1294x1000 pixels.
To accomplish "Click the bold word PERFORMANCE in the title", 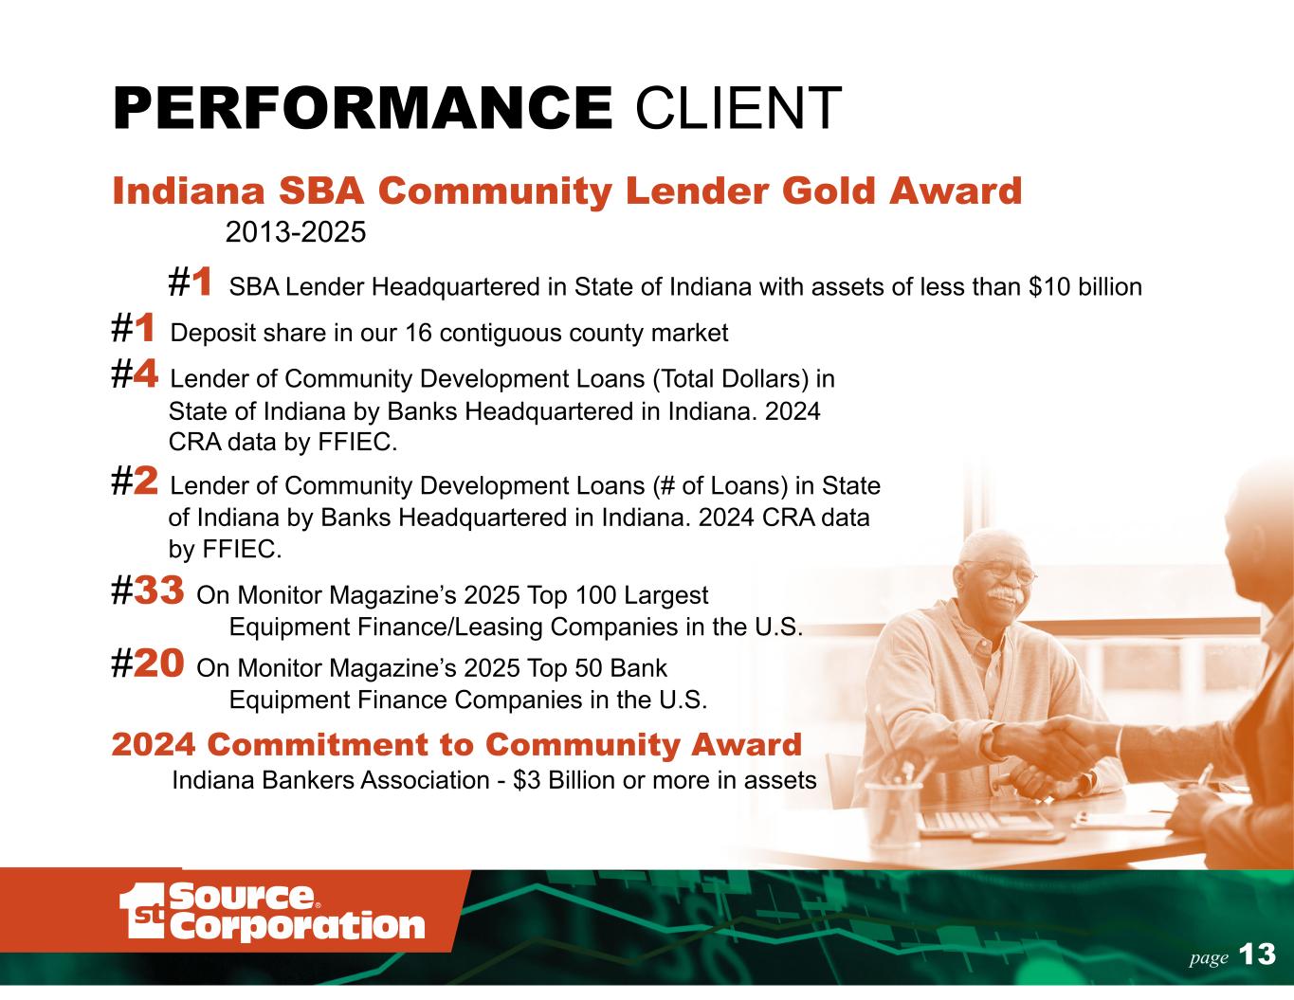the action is (x=362, y=108).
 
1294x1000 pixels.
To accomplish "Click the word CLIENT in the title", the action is (x=738, y=108).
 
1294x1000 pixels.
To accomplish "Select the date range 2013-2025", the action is (x=296, y=232).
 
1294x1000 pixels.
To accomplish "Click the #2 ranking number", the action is (x=135, y=481).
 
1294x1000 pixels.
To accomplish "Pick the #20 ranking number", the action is (x=148, y=664).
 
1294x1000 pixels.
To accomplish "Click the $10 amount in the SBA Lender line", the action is (x=1049, y=287).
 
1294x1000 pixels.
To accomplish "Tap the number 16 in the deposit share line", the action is (x=418, y=333).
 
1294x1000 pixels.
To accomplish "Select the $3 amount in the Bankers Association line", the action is (x=526, y=780).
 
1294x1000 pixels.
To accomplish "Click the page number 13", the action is (x=1257, y=955).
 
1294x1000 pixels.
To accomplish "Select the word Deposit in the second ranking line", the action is (x=213, y=334).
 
